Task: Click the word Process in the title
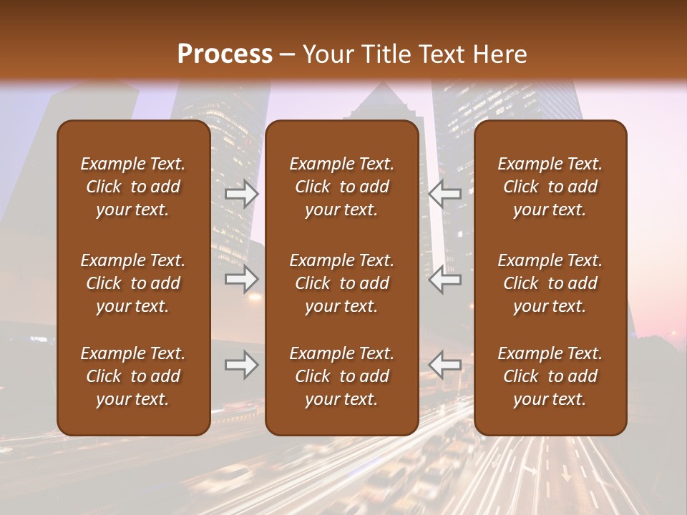pyautogui.click(x=225, y=54)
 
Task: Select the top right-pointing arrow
pyautogui.click(x=241, y=194)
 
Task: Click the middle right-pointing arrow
pyautogui.click(x=241, y=279)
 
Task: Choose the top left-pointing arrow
pyautogui.click(x=445, y=194)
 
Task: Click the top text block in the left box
pyautogui.click(x=133, y=187)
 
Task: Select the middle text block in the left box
pyautogui.click(x=133, y=283)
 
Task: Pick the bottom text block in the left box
pyautogui.click(x=133, y=376)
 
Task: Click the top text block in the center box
pyautogui.click(x=341, y=187)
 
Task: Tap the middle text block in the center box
pyautogui.click(x=341, y=283)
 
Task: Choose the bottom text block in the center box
pyautogui.click(x=341, y=376)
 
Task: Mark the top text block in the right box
pyautogui.click(x=550, y=187)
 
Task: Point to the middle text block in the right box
pyautogui.click(x=550, y=283)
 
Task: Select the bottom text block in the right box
pyautogui.click(x=550, y=376)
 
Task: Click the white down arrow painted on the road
pyautogui.click(x=565, y=473)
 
